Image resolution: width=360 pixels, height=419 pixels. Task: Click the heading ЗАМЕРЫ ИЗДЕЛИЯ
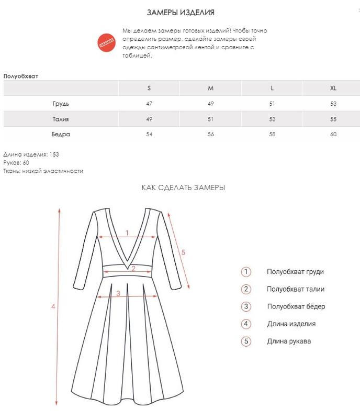pyautogui.click(x=180, y=12)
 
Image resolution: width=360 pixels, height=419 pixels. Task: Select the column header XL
pyautogui.click(x=333, y=88)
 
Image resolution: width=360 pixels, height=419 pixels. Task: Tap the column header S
pyautogui.click(x=149, y=88)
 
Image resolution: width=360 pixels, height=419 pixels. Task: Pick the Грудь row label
pyautogui.click(x=61, y=104)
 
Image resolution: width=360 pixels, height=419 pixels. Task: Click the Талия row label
pyautogui.click(x=61, y=119)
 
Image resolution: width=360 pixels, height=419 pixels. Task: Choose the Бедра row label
pyautogui.click(x=61, y=135)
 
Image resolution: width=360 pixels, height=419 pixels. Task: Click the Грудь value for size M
pyautogui.click(x=211, y=104)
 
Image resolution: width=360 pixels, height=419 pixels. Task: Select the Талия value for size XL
pyautogui.click(x=333, y=119)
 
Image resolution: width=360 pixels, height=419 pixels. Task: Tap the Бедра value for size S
pyautogui.click(x=149, y=135)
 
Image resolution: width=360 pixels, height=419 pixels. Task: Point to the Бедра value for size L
pyautogui.click(x=272, y=135)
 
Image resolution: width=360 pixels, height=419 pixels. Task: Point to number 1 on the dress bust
pyautogui.click(x=127, y=233)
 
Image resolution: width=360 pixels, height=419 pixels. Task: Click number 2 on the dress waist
pyautogui.click(x=133, y=269)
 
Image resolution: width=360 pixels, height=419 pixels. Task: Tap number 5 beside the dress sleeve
pyautogui.click(x=183, y=252)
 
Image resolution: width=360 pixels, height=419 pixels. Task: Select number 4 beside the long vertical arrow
pyautogui.click(x=53, y=306)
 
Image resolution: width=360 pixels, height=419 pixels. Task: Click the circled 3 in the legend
pyautogui.click(x=246, y=306)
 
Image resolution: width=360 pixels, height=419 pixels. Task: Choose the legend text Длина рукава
pyautogui.click(x=289, y=341)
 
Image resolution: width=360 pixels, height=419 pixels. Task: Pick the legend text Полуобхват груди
pyautogui.click(x=295, y=271)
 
